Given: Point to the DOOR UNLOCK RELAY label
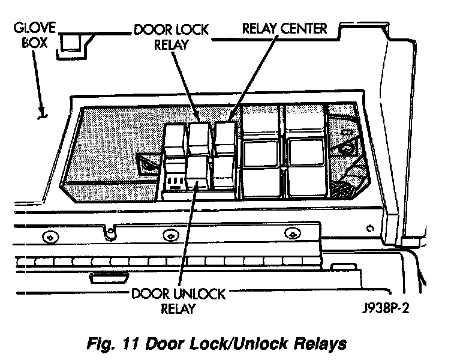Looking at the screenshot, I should [x=179, y=301].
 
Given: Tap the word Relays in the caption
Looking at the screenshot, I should [x=323, y=344].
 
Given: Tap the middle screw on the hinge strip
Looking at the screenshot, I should [x=171, y=236].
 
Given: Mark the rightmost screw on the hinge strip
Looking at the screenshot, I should [x=291, y=233].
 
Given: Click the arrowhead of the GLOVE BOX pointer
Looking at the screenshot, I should [x=41, y=114].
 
